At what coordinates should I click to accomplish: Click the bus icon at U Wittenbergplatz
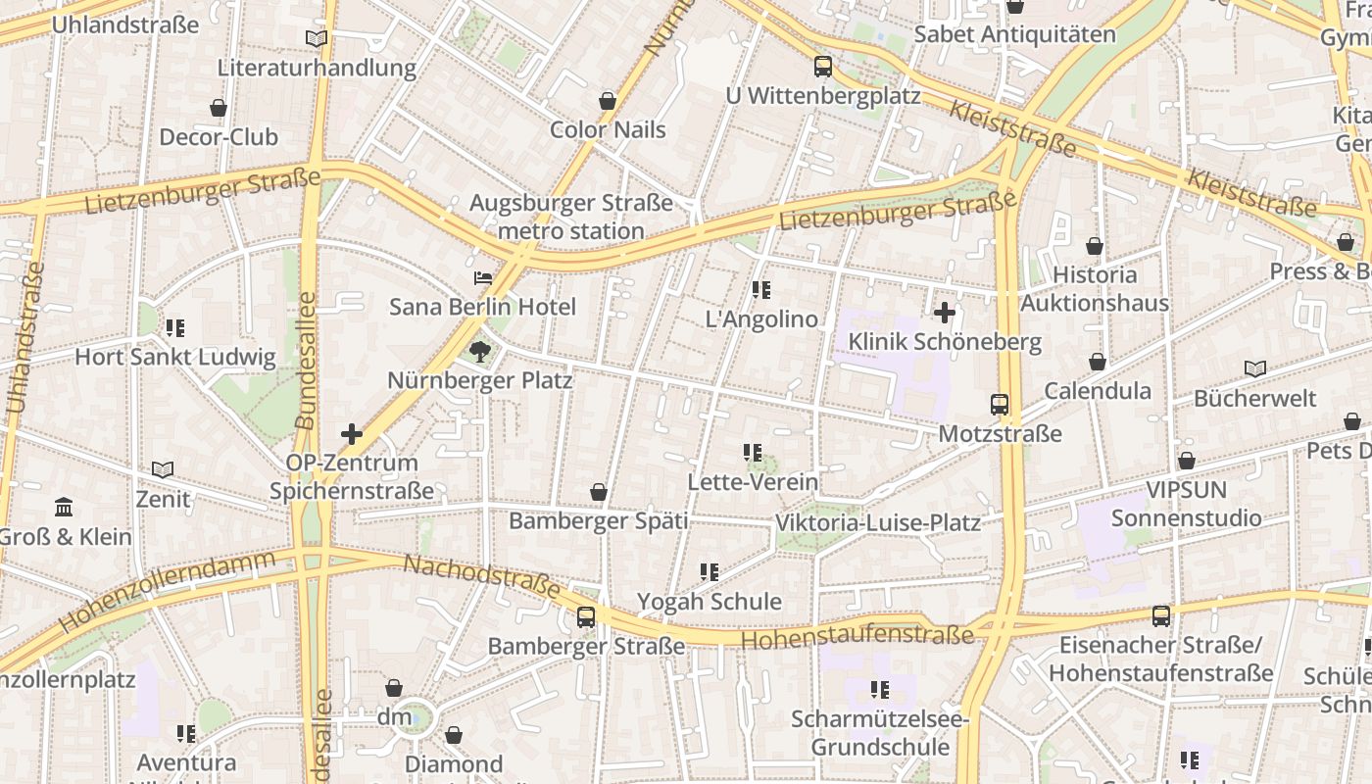point(823,67)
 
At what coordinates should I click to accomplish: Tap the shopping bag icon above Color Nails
point(608,101)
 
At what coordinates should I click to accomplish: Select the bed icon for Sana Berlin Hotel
point(482,278)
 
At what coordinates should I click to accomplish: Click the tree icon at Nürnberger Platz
point(479,351)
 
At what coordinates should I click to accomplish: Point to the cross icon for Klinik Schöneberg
point(945,313)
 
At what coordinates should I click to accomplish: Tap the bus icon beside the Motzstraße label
point(1000,404)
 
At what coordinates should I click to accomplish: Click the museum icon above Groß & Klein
point(65,508)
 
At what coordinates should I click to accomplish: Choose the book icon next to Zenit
point(163,470)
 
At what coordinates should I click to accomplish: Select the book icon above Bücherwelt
point(1254,369)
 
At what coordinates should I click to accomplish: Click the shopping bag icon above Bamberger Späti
point(599,492)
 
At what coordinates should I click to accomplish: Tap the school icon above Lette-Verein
point(753,453)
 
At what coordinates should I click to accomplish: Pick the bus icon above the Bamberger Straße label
point(586,617)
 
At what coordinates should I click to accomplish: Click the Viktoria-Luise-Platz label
point(877,522)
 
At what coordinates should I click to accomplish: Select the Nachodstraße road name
point(481,577)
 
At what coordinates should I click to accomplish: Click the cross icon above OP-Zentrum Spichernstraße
point(352,433)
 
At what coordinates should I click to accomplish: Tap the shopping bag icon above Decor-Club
point(219,108)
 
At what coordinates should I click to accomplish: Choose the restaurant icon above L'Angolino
point(761,290)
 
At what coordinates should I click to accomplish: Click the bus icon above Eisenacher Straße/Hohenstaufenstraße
point(1161,615)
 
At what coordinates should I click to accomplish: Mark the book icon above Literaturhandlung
point(317,39)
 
